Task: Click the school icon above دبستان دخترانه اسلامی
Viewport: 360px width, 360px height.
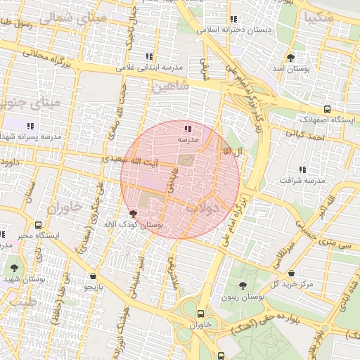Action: click(x=233, y=19)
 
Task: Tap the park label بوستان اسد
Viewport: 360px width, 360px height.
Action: click(x=291, y=70)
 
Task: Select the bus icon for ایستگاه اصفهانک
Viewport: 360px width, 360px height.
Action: click(x=328, y=109)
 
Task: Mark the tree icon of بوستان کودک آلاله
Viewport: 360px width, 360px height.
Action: click(x=134, y=213)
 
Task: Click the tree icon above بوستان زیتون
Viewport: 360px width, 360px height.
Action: click(x=243, y=286)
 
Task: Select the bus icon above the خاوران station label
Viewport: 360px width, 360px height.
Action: click(x=202, y=314)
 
